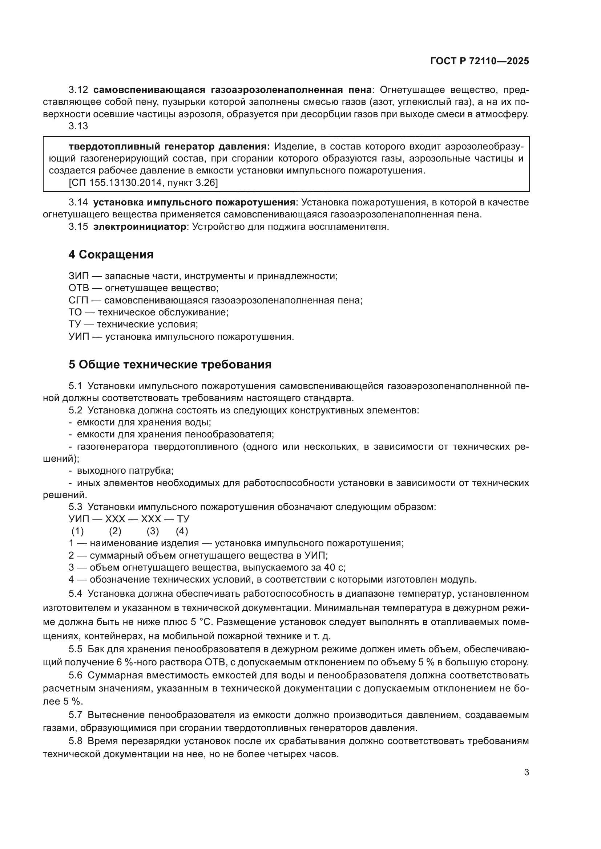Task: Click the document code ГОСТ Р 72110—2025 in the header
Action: point(480,61)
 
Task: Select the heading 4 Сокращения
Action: point(111,254)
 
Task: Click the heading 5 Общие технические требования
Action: point(170,364)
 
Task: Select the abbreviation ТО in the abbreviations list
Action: point(76,312)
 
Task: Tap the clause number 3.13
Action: point(78,126)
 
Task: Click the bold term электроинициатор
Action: point(140,226)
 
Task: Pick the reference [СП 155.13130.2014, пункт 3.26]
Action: point(143,183)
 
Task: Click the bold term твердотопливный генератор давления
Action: point(169,146)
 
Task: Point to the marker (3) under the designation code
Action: point(153,531)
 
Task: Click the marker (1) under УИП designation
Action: point(78,531)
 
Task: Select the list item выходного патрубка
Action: point(125,471)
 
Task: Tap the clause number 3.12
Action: point(78,90)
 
